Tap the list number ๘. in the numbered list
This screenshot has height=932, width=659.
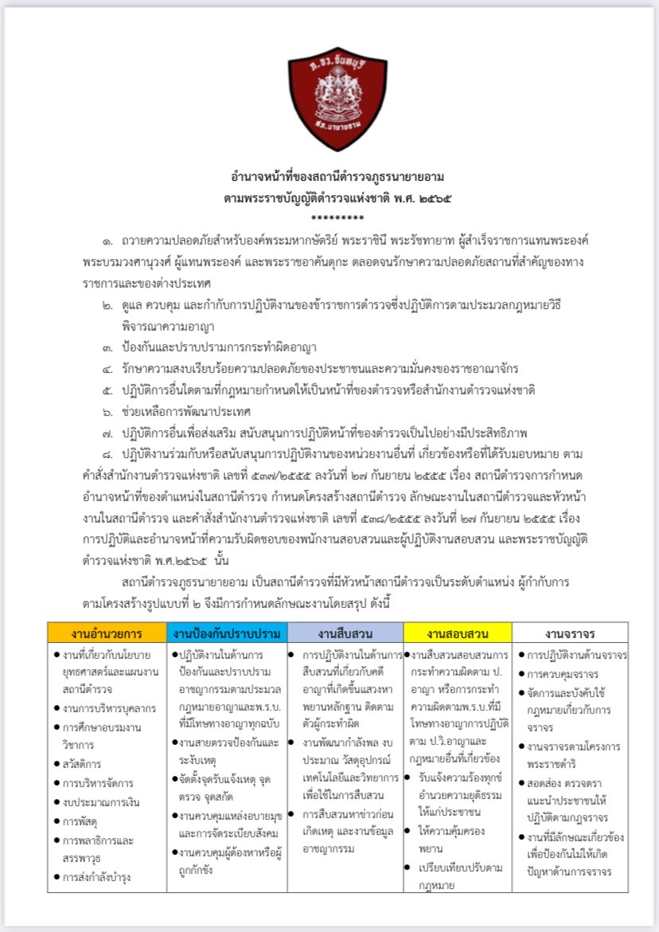[107, 455]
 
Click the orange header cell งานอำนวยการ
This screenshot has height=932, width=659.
[107, 634]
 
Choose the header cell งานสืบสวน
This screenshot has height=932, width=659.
[345, 634]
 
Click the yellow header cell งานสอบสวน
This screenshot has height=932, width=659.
[457, 634]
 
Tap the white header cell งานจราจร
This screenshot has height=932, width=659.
[570, 634]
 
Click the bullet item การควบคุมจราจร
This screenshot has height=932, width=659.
[568, 674]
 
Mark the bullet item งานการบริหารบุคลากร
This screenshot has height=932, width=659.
[107, 707]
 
